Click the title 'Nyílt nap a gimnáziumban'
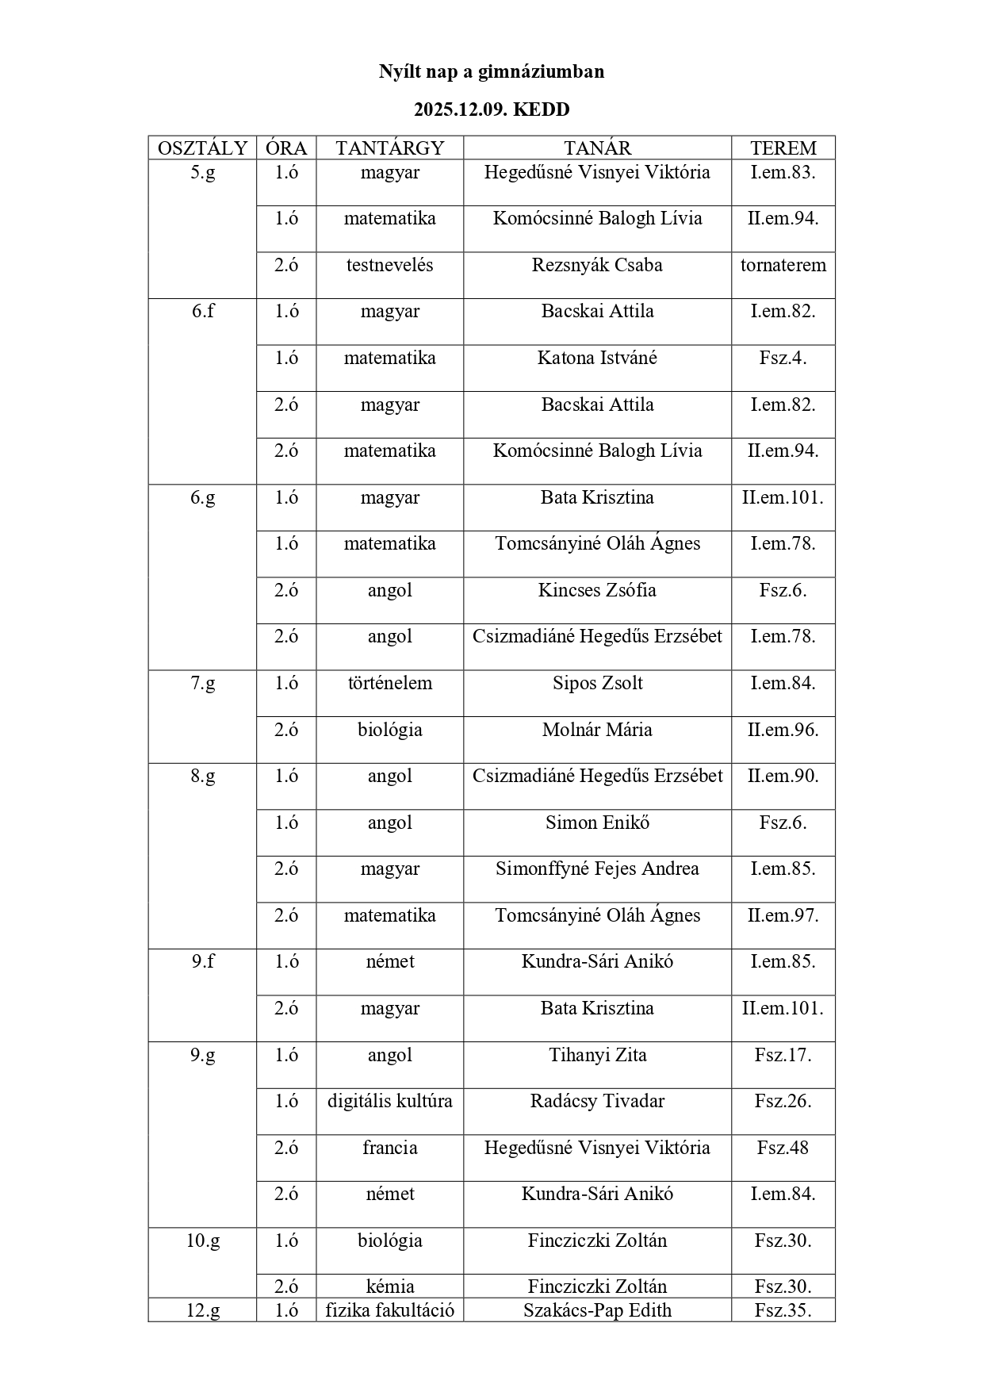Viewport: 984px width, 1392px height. [x=491, y=72]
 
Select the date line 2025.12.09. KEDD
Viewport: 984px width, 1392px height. [x=491, y=109]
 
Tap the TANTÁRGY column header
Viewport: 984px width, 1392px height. [x=389, y=148]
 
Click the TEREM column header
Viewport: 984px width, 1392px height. [x=783, y=148]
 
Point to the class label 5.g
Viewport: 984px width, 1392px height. [x=202, y=173]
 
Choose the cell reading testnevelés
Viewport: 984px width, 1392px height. [x=389, y=265]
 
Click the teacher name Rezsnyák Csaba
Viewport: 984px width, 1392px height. [x=597, y=265]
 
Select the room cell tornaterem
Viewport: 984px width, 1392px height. [x=783, y=265]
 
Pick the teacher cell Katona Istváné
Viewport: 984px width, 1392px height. [x=597, y=358]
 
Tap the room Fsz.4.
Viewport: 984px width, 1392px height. [x=783, y=358]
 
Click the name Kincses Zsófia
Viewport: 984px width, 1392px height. [x=597, y=590]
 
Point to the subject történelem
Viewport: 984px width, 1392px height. [x=389, y=683]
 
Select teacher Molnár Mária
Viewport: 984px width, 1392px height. [x=597, y=730]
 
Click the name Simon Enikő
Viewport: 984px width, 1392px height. [x=597, y=823]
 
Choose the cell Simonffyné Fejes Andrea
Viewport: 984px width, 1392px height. [x=597, y=869]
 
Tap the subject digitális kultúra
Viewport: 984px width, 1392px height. [x=389, y=1101]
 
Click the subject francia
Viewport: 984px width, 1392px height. [x=389, y=1148]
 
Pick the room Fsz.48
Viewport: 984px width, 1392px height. [x=783, y=1148]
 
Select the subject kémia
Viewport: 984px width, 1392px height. [x=389, y=1287]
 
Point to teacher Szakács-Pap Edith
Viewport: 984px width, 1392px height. [x=597, y=1310]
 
